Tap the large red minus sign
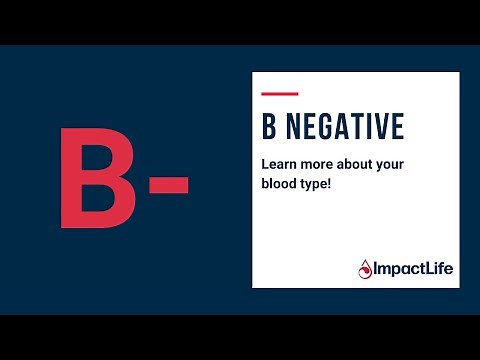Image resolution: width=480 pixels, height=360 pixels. point(168,185)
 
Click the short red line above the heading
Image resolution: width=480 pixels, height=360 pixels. point(279,95)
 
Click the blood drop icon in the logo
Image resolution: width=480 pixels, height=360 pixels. point(364,267)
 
